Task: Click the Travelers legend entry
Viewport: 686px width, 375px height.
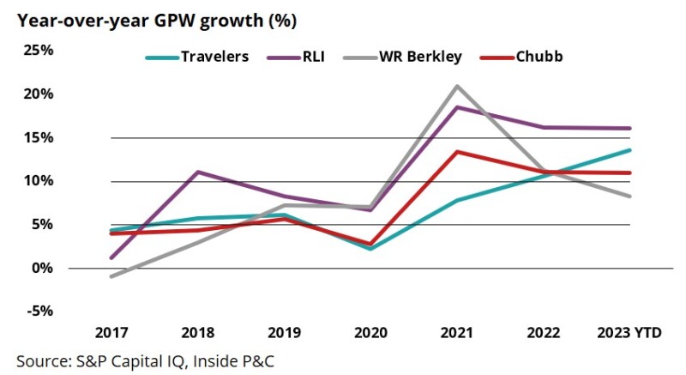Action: (x=198, y=57)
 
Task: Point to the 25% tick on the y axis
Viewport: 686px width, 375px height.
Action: (x=39, y=50)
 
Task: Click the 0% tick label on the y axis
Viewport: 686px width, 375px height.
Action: (x=42, y=268)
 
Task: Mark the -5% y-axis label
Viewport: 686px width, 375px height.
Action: (x=40, y=311)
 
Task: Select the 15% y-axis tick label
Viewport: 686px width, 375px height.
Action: (x=39, y=137)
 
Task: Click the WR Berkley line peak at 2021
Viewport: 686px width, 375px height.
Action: (x=458, y=86)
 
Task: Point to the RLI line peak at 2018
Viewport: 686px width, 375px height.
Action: (x=198, y=172)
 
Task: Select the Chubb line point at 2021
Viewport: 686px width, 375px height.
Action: (x=458, y=152)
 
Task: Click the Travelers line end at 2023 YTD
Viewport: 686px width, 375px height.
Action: (x=630, y=150)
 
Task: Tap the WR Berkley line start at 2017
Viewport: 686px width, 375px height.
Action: (x=112, y=276)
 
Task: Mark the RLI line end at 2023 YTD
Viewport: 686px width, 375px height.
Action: (x=630, y=129)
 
